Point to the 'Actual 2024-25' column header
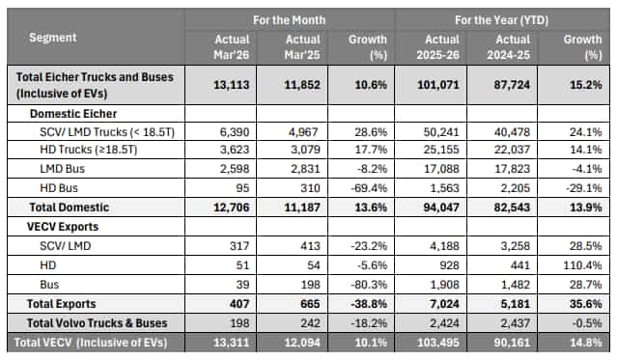click(508, 45)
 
